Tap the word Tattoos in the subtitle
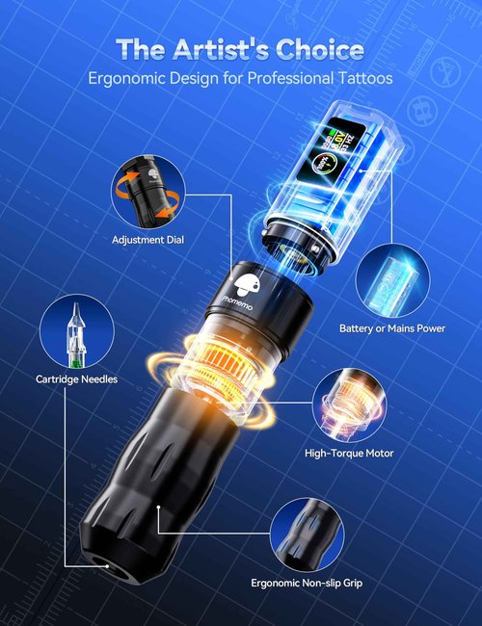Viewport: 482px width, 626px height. click(x=365, y=77)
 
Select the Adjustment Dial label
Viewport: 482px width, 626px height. click(x=147, y=240)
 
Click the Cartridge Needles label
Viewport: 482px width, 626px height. click(x=76, y=378)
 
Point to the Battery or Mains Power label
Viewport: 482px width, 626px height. click(x=392, y=328)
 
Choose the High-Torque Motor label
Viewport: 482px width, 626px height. click(x=349, y=454)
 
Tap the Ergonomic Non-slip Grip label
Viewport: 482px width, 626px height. click(x=307, y=583)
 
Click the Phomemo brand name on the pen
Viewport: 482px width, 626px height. click(x=242, y=302)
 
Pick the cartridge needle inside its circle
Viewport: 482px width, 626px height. click(x=76, y=334)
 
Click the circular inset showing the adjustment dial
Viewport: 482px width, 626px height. click(x=148, y=193)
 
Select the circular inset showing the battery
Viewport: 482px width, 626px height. click(x=393, y=280)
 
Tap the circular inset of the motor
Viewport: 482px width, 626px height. click(x=350, y=405)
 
